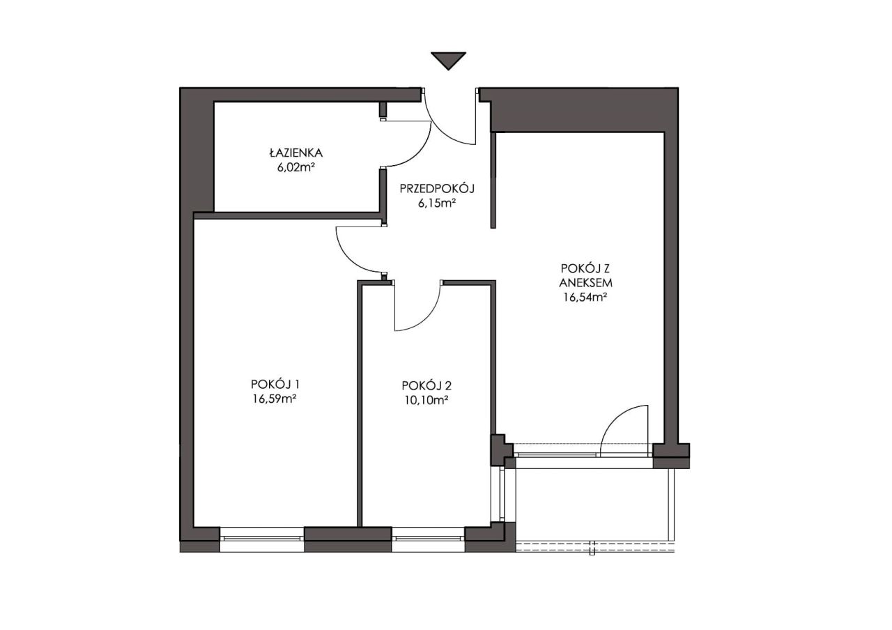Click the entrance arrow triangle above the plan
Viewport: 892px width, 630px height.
tap(448, 60)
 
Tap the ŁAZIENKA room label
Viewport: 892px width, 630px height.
tap(296, 153)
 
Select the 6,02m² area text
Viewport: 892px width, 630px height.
tap(296, 167)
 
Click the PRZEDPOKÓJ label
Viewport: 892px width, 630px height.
tap(437, 188)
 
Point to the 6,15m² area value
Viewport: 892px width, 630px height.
tap(437, 203)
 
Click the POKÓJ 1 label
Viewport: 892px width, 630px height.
tap(275, 384)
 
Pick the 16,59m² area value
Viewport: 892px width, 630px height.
tap(274, 399)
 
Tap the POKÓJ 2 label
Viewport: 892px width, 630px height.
tap(426, 385)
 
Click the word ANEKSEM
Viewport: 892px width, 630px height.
tap(586, 283)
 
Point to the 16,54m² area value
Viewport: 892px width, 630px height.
tap(585, 297)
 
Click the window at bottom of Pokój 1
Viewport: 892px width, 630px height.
tap(262, 538)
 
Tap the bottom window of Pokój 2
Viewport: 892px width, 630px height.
tap(429, 538)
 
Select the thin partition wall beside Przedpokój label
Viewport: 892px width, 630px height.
tap(493, 180)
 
